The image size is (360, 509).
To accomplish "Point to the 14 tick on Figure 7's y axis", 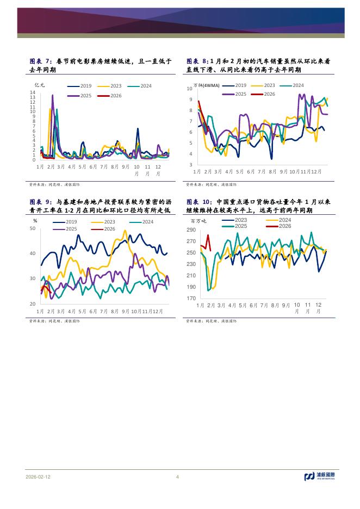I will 33,92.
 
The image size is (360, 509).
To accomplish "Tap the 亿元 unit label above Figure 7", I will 40,85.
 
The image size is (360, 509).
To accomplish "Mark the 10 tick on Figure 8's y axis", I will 189,89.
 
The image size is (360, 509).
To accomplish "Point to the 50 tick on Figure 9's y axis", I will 32,228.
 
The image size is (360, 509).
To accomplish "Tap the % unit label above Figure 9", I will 35,221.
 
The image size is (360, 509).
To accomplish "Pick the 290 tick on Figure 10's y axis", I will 191,230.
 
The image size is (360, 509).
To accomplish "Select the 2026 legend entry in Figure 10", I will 284,226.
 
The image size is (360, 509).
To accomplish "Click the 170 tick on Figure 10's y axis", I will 191,299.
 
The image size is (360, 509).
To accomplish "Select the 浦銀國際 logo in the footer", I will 320,477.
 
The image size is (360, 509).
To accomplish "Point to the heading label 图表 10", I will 199,201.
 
